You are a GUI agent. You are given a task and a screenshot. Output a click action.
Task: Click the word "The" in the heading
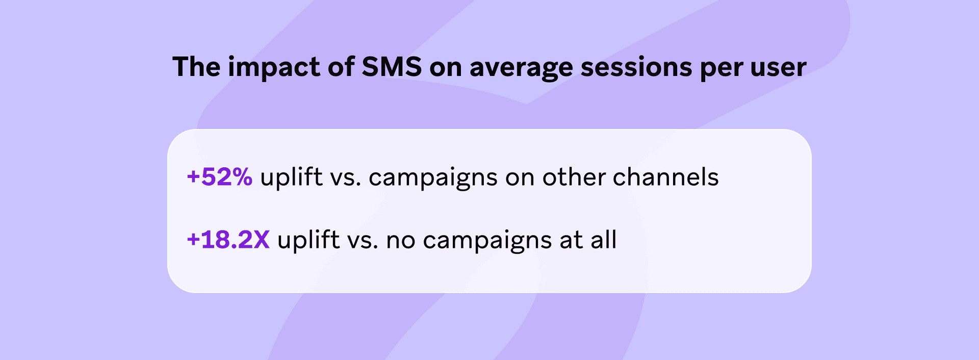click(196, 67)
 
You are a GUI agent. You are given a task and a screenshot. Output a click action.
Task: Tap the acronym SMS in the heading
click(392, 67)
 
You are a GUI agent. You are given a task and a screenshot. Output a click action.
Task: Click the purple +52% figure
click(220, 177)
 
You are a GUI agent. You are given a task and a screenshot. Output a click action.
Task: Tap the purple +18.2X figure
click(228, 240)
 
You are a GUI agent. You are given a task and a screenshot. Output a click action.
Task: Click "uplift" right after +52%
click(292, 177)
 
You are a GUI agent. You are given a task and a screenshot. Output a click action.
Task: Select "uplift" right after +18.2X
click(308, 240)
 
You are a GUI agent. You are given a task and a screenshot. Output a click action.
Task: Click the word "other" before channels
click(574, 177)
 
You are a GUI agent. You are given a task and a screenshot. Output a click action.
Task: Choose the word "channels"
click(666, 177)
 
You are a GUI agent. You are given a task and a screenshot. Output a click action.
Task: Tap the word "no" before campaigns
click(401, 242)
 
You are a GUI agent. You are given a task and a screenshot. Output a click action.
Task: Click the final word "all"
click(604, 240)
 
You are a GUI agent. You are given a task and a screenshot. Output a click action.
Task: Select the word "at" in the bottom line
click(571, 241)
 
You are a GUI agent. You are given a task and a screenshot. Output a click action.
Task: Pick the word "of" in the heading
click(341, 67)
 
